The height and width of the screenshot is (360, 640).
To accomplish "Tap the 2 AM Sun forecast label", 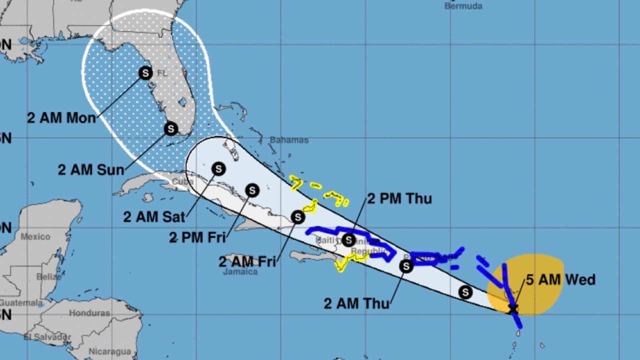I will click(90, 169).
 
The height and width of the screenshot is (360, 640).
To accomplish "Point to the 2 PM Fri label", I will click(197, 237).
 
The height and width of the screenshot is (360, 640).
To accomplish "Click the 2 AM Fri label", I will click(247, 261).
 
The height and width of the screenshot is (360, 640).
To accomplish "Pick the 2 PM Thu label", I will click(399, 198).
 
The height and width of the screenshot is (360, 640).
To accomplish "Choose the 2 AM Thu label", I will click(356, 303).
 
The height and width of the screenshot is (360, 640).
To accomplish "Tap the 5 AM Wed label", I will click(560, 279).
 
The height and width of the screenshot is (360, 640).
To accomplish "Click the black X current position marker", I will click(512, 308).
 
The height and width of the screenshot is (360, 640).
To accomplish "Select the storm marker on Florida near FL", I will click(145, 73).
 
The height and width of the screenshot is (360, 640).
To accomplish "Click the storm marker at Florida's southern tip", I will click(171, 128).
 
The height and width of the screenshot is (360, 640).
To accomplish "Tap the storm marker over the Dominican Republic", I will click(349, 240).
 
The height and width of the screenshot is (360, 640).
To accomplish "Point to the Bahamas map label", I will click(289, 140).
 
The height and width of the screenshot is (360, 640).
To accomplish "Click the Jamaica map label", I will click(240, 272).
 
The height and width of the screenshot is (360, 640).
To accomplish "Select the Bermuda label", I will click(463, 6).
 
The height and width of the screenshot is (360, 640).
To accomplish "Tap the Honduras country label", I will click(89, 313).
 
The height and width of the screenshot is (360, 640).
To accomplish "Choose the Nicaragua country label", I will click(109, 351).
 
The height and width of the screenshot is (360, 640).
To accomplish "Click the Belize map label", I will click(49, 276).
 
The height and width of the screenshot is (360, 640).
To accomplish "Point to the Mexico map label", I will click(35, 236).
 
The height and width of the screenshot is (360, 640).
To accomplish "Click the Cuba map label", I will click(182, 181).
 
